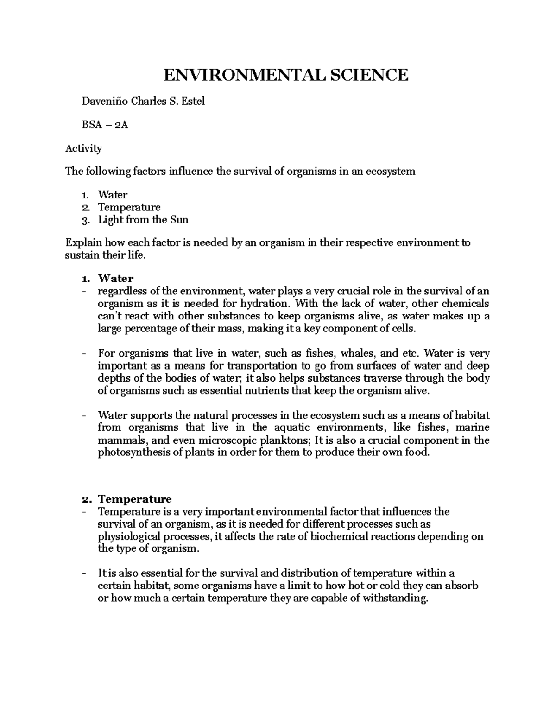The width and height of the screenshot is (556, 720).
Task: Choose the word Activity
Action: coord(83,148)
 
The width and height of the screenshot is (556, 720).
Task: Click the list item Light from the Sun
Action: coord(143,220)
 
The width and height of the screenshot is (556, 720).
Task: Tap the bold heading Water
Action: coord(115,279)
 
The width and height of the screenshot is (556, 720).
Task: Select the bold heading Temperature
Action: coord(134,499)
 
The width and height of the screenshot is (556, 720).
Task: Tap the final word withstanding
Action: coord(394,598)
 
